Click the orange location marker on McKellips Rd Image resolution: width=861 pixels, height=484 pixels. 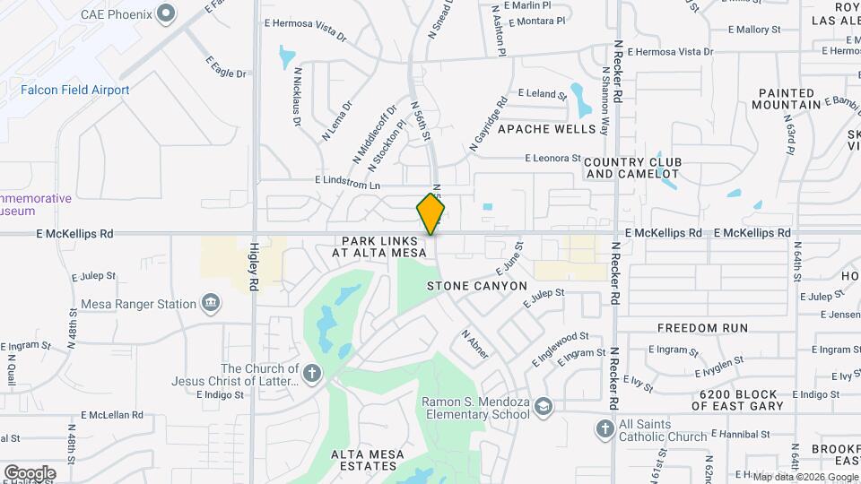pyautogui.click(x=431, y=214)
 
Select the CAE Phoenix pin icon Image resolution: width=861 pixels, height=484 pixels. pyautogui.click(x=166, y=13)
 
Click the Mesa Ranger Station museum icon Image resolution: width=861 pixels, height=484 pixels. pyautogui.click(x=211, y=304)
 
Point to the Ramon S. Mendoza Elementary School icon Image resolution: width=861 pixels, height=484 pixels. pyautogui.click(x=544, y=409)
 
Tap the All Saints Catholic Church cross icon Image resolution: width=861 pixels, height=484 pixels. pyautogui.click(x=604, y=430)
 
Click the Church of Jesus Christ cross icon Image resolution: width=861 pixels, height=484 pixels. pyautogui.click(x=311, y=374)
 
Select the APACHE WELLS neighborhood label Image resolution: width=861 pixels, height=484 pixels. pyautogui.click(x=546, y=129)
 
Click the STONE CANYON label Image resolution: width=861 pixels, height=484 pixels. pyautogui.click(x=476, y=286)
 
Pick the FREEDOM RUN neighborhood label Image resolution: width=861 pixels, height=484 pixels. pyautogui.click(x=702, y=328)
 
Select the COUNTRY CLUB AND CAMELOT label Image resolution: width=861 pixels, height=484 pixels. pyautogui.click(x=632, y=168)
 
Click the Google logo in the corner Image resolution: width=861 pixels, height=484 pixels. pyautogui.click(x=30, y=472)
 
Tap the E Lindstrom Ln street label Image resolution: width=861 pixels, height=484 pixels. pyautogui.click(x=347, y=181)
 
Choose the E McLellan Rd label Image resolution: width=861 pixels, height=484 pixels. pyautogui.click(x=111, y=415)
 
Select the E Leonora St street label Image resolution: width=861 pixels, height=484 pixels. pyautogui.click(x=553, y=159)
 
